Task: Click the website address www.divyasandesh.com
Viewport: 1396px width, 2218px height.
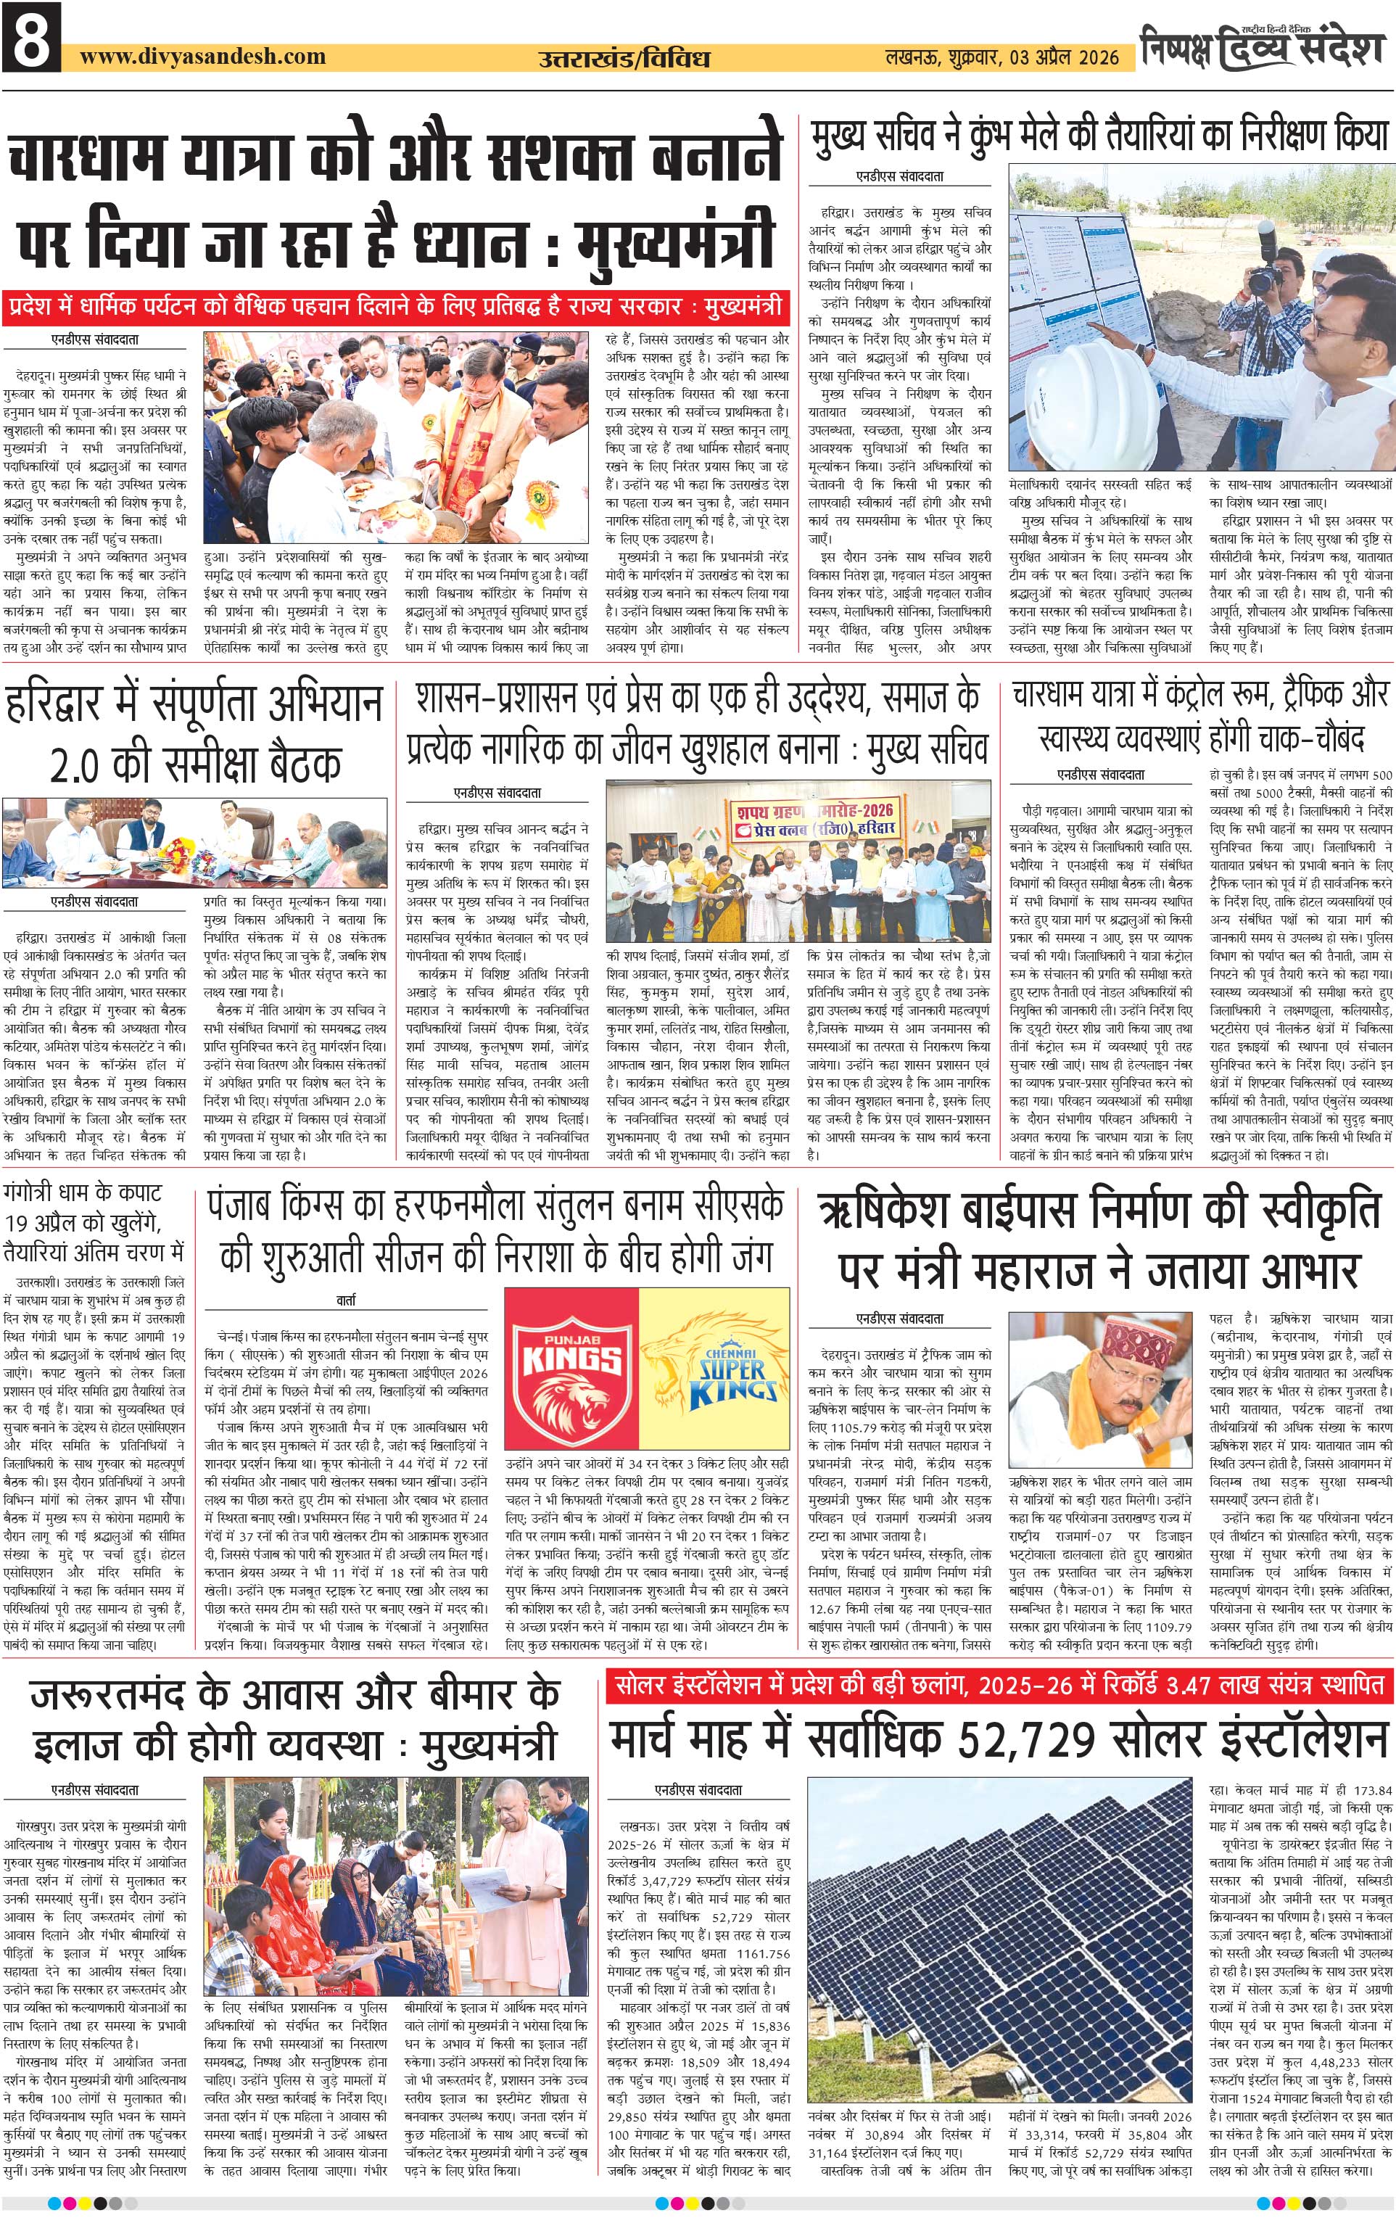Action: click(202, 56)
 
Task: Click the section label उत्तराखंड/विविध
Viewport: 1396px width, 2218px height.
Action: click(624, 59)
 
